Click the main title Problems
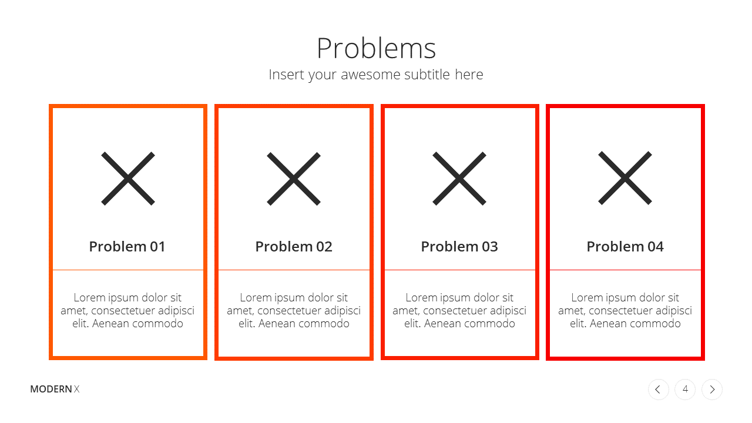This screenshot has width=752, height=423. pyautogui.click(x=376, y=48)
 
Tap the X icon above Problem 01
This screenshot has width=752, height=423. pyautogui.click(x=128, y=178)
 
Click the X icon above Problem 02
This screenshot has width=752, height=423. pyautogui.click(x=294, y=179)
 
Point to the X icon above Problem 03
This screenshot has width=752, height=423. pyautogui.click(x=459, y=178)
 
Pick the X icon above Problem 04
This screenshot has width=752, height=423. pyautogui.click(x=625, y=178)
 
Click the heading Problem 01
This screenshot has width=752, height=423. pyautogui.click(x=127, y=247)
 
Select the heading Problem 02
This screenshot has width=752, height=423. pyautogui.click(x=294, y=247)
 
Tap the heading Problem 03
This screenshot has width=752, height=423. pyautogui.click(x=459, y=247)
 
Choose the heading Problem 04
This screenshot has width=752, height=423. pyautogui.click(x=625, y=247)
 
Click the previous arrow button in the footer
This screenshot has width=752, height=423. pyautogui.click(x=659, y=390)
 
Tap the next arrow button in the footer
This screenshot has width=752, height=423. pyautogui.click(x=712, y=390)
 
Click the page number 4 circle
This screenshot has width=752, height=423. pyautogui.click(x=685, y=390)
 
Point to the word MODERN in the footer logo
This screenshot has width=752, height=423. pyautogui.click(x=51, y=389)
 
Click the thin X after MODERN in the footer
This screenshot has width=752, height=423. pyautogui.click(x=77, y=389)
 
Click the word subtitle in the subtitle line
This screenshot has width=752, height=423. pyautogui.click(x=427, y=75)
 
